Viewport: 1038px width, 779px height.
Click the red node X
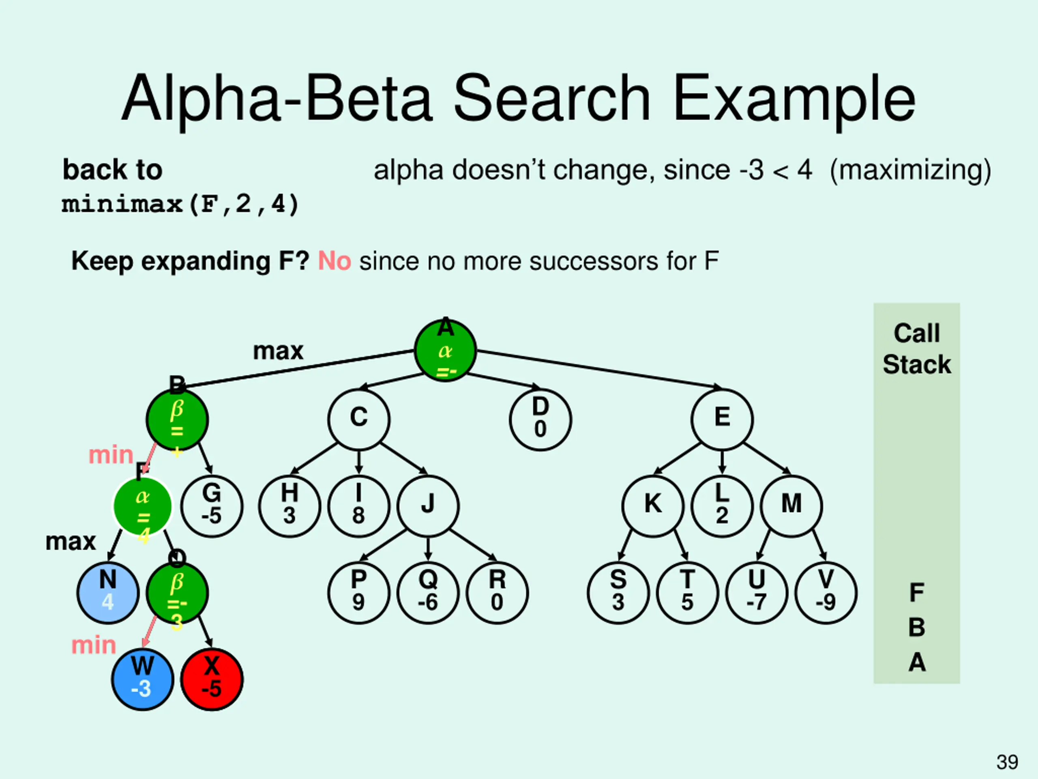pos(212,679)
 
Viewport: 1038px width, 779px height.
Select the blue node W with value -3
pos(143,679)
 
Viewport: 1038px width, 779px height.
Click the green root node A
pos(445,351)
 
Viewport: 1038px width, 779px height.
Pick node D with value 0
pos(540,419)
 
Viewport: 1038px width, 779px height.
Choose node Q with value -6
pos(428,593)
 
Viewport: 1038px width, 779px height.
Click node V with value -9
pos(826,593)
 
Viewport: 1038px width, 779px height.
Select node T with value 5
pos(687,593)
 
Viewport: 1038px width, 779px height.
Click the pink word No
pos(335,261)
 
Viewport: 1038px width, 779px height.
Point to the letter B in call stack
pos(916,627)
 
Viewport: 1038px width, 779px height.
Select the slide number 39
pos(1007,762)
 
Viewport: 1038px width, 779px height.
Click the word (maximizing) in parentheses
pos(910,170)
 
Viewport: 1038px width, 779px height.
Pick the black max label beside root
pos(278,351)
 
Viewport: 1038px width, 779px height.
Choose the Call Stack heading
pos(916,349)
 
